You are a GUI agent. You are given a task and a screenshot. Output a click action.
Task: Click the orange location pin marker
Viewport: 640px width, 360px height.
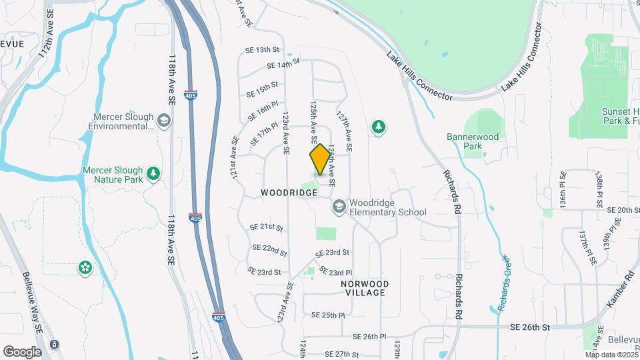[320, 159]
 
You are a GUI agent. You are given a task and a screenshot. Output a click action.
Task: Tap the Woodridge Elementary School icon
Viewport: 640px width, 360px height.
[339, 207]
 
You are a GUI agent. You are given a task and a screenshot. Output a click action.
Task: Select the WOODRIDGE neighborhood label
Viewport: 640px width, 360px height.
[289, 193]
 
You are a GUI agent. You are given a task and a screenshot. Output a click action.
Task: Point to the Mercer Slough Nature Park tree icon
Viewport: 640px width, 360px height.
[154, 174]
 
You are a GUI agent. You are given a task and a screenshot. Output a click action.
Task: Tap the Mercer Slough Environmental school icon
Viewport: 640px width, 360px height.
[164, 121]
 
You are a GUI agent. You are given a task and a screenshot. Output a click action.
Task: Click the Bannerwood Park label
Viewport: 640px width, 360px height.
[473, 141]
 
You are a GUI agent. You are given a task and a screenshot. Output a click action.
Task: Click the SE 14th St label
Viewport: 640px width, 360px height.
[283, 65]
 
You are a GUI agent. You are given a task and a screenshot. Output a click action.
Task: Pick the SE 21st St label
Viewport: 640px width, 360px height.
[266, 227]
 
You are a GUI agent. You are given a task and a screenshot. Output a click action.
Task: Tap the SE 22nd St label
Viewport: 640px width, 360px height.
[269, 251]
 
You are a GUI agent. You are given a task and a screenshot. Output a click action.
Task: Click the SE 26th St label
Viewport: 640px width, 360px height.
[530, 327]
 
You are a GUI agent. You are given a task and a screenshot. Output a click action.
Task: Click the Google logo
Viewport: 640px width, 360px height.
[22, 351]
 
